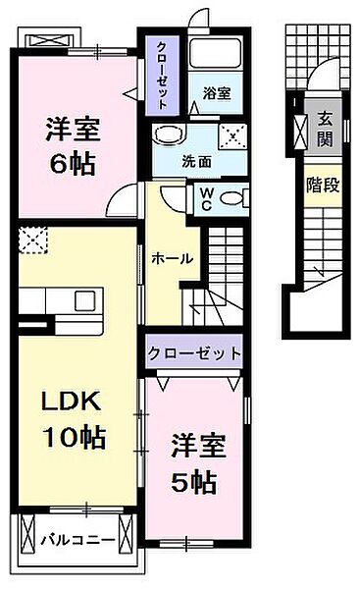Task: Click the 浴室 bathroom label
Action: point(217,94)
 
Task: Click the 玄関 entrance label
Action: point(323,129)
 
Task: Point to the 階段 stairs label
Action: point(323,184)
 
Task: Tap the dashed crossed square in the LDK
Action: point(31,240)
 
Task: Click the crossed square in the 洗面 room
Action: point(232,137)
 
